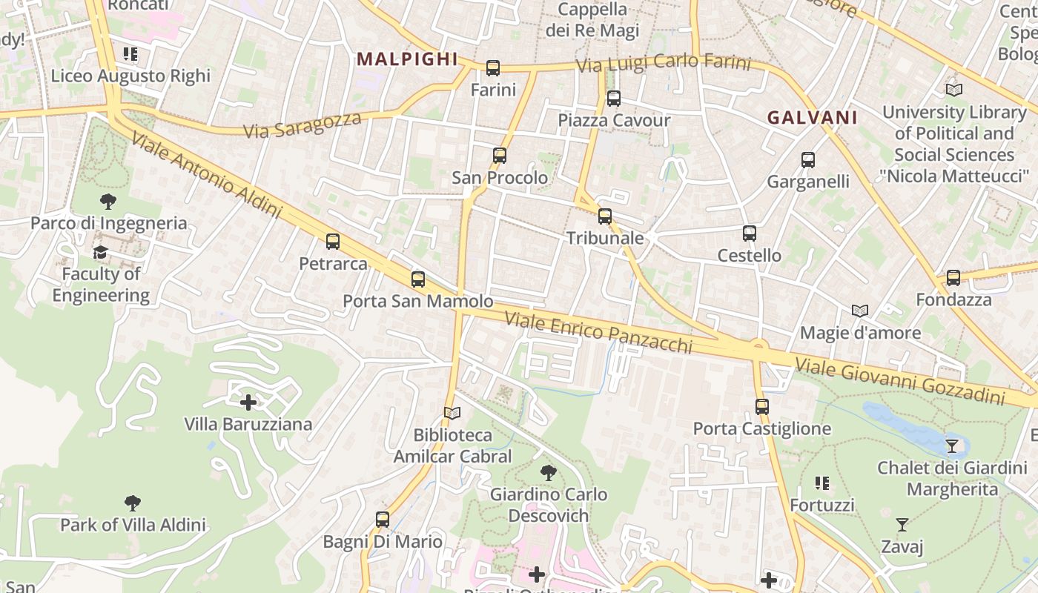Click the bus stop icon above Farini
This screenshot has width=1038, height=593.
pyautogui.click(x=493, y=68)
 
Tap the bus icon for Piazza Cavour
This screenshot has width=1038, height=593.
pyautogui.click(x=613, y=99)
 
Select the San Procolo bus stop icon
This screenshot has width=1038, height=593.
pyautogui.click(x=500, y=156)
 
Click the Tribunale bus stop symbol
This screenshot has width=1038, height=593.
pyautogui.click(x=605, y=216)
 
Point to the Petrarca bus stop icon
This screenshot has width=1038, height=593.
pyautogui.click(x=333, y=242)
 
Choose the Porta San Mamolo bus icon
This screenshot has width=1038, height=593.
pyautogui.click(x=418, y=279)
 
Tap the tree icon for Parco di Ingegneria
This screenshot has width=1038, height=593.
pyautogui.click(x=108, y=201)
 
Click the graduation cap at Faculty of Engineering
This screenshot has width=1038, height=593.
pyautogui.click(x=100, y=253)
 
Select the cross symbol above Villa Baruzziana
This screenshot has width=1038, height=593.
pyautogui.click(x=248, y=402)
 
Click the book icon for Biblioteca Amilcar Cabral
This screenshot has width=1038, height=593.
pyautogui.click(x=452, y=413)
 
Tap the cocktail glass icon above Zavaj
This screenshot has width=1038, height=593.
pyautogui.click(x=902, y=525)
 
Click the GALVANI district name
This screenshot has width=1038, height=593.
pyautogui.click(x=812, y=117)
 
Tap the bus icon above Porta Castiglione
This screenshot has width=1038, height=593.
pyautogui.click(x=761, y=407)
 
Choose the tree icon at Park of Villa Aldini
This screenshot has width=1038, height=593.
pyautogui.click(x=133, y=503)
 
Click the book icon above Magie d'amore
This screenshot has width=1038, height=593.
pyautogui.click(x=860, y=311)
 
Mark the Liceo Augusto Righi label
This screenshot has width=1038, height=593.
pyautogui.click(x=130, y=76)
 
